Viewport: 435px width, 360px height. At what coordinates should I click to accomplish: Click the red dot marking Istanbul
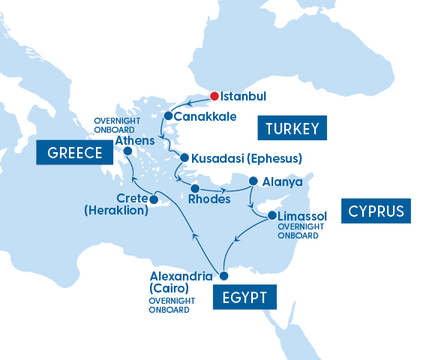click(214, 96)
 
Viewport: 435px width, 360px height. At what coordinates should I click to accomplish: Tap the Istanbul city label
click(244, 97)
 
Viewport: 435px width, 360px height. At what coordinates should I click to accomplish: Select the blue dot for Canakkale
click(168, 116)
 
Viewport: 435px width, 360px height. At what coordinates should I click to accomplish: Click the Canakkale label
click(205, 117)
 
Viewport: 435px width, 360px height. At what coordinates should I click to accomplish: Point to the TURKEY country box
click(292, 128)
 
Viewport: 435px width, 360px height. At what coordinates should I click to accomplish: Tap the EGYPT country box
click(245, 297)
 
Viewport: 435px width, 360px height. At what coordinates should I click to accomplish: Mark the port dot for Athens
click(127, 151)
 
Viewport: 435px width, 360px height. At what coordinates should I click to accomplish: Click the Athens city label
click(135, 140)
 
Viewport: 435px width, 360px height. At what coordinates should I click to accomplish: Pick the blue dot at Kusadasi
click(184, 157)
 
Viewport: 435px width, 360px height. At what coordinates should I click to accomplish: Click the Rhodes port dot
click(194, 187)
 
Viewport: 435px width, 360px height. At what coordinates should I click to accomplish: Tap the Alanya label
click(283, 181)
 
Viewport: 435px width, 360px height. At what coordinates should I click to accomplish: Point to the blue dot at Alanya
click(253, 181)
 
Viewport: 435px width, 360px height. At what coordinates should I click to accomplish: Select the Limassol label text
click(302, 216)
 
